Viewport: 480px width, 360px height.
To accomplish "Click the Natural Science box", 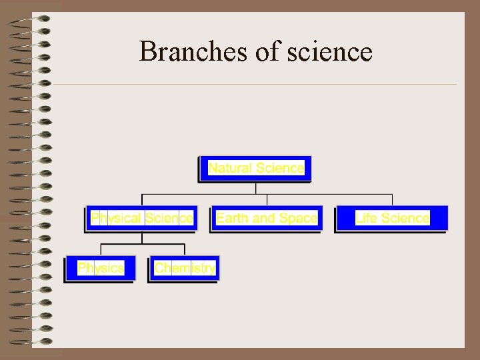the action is [x=256, y=168].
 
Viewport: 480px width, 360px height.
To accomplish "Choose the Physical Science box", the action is [x=142, y=218].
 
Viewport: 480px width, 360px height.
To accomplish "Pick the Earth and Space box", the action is [x=267, y=218].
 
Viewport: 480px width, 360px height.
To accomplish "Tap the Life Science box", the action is [x=392, y=218].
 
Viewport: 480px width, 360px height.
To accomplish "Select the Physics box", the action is [x=101, y=268].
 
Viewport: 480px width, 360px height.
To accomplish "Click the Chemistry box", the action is [x=185, y=268].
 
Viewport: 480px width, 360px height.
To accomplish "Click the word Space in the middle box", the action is [x=298, y=218].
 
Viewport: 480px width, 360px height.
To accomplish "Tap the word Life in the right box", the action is [x=367, y=218].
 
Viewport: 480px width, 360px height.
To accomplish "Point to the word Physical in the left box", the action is [x=116, y=218].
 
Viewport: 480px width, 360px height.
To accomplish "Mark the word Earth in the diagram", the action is [x=233, y=218].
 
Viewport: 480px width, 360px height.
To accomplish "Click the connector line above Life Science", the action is [x=392, y=200].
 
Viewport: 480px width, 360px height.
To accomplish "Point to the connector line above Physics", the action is [x=101, y=249].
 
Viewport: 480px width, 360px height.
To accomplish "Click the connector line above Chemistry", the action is [x=185, y=249].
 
